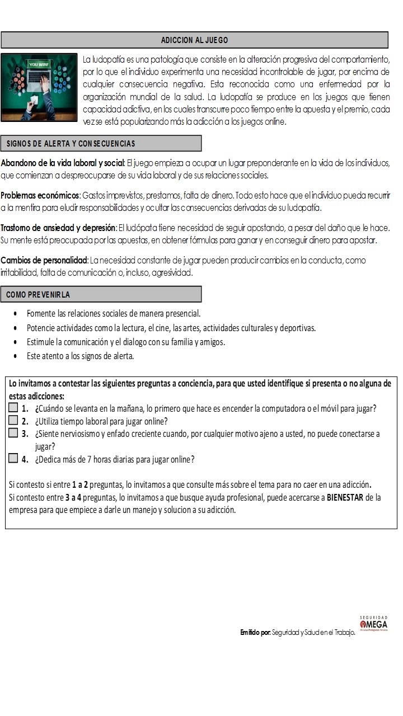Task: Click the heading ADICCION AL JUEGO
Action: pos(194,40)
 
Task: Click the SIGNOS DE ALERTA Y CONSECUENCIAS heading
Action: pos(71,144)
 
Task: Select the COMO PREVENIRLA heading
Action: pos(39,294)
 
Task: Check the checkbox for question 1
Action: pos(13,408)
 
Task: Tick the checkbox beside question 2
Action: pos(13,421)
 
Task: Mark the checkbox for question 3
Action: pos(13,434)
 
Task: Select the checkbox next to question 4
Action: pos(13,459)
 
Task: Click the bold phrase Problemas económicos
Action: pos(40,196)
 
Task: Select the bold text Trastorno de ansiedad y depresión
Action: pos(58,228)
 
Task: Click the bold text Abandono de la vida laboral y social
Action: pos(62,163)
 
